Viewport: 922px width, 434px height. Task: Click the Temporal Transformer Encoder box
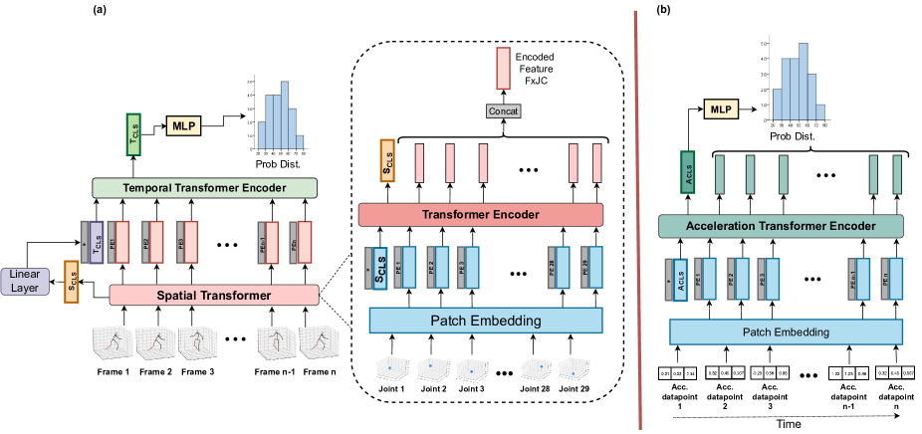[x=203, y=187]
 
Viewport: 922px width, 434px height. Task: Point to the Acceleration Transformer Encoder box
[x=781, y=227]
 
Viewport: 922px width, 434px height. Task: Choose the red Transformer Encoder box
[x=482, y=214]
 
